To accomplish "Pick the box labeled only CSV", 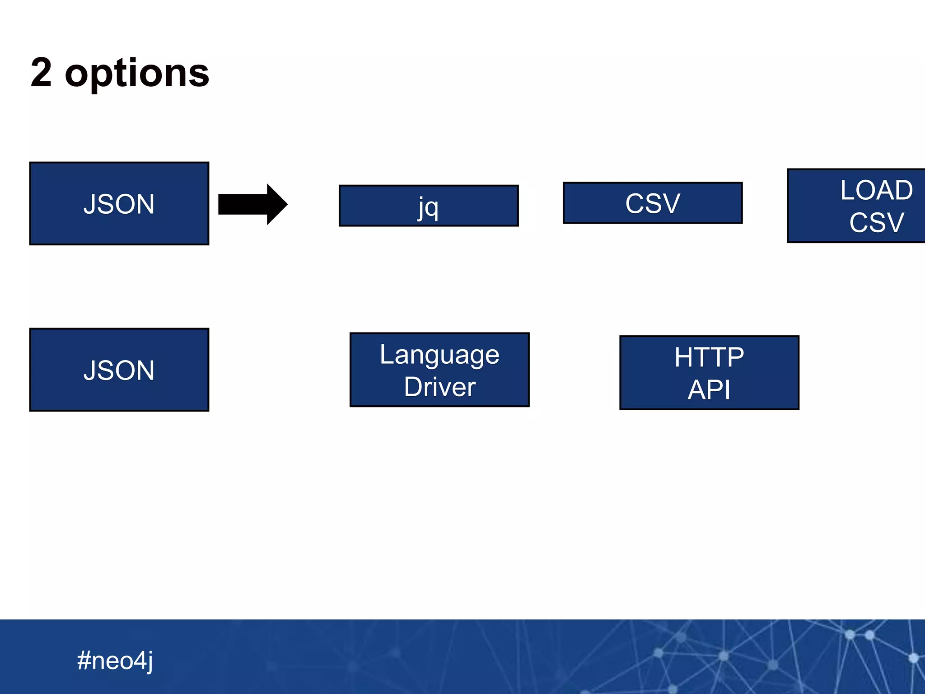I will (653, 203).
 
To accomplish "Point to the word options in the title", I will (137, 73).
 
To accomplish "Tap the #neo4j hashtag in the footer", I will (115, 661).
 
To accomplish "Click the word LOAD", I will (876, 190).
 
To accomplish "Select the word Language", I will (439, 355).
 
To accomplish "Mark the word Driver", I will (439, 387).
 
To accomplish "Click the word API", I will (709, 389).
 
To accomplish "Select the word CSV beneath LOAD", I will (876, 222).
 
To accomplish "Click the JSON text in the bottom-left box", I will (119, 370).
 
